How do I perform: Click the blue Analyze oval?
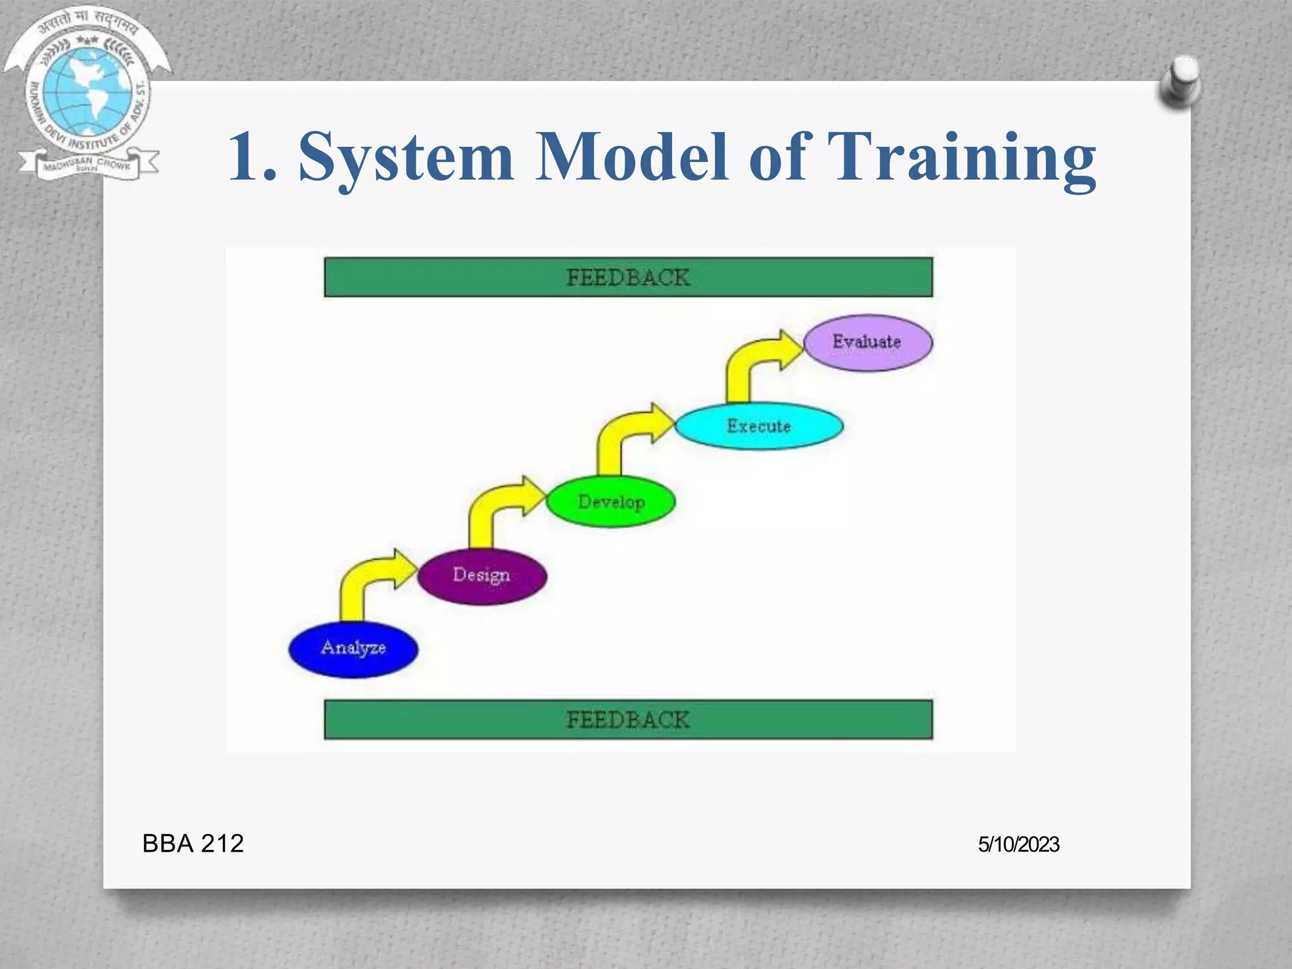(353, 649)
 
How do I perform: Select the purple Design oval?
(482, 576)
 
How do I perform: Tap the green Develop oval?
(611, 502)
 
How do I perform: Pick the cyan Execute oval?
(759, 426)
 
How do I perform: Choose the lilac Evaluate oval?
(867, 343)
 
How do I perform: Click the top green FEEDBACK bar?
(628, 277)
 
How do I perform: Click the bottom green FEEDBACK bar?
(628, 720)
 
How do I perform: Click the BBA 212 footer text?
(192, 843)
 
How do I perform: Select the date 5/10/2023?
(1018, 845)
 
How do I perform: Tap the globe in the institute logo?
(88, 91)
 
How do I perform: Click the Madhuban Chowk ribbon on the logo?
(87, 166)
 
